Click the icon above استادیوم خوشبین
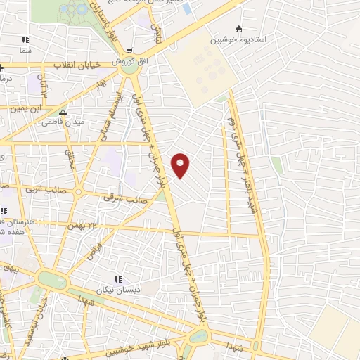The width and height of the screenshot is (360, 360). click(238, 29)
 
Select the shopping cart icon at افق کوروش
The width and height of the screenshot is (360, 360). click(131, 50)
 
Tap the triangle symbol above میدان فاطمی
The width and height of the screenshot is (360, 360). click(63, 111)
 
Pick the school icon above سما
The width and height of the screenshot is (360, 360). click(26, 39)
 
